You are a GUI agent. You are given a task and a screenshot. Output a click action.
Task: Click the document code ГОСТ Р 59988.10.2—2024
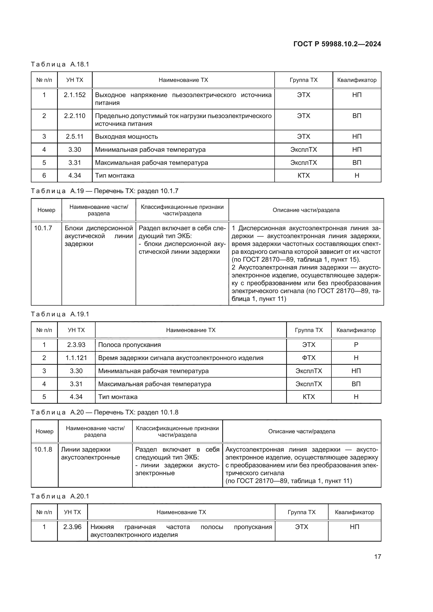coord(337,44)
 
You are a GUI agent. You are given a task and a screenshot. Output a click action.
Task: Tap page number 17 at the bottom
coord(378,557)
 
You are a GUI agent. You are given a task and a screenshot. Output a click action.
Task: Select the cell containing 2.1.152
coord(75,95)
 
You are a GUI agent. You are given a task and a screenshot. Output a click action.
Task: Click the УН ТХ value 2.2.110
coord(75,116)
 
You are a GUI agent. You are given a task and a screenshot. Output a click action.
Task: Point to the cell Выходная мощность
coord(126,137)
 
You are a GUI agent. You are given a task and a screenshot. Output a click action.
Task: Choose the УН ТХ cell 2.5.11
coord(75,137)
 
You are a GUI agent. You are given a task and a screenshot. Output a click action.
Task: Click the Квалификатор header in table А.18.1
coord(357,80)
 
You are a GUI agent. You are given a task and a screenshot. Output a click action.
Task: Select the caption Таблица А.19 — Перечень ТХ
coord(104,191)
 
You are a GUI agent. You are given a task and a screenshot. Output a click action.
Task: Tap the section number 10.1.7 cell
coord(43,228)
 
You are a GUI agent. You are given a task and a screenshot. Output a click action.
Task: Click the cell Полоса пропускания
coord(130,345)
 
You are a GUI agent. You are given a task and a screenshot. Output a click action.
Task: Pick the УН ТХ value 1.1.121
coord(76,358)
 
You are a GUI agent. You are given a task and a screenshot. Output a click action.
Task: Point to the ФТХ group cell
coord(309,358)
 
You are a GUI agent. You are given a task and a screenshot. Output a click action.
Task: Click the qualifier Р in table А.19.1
coord(356,345)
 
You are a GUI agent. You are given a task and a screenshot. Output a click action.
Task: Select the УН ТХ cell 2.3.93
coord(76,345)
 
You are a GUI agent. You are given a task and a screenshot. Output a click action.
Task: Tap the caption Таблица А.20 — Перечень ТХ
coord(104,412)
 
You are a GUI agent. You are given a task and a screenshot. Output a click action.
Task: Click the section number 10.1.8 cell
coord(43,450)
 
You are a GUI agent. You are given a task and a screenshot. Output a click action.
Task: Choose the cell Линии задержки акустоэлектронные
coord(91,453)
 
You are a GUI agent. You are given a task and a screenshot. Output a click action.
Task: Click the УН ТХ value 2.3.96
coord(72,527)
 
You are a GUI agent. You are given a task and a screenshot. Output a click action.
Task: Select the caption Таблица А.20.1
coord(60,496)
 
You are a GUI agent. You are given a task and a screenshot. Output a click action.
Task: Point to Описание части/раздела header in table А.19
coord(306,210)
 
